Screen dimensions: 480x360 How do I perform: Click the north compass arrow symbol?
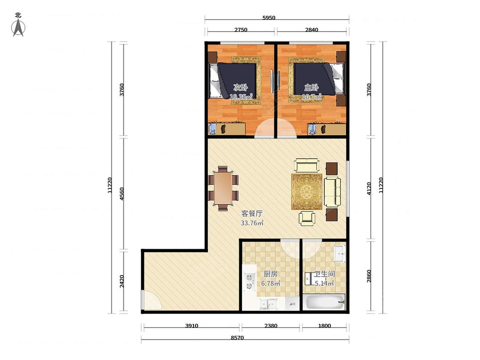pos(18,28)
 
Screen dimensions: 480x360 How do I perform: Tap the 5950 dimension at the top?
pos(269,18)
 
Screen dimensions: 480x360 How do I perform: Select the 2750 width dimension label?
pos(241,30)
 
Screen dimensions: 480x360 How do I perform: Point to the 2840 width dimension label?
pos(311,30)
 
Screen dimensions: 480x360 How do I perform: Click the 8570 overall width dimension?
pos(237,338)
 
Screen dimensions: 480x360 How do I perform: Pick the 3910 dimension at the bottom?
pos(191,326)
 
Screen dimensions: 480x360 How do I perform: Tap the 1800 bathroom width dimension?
pos(324,326)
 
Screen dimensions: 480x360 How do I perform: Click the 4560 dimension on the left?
pos(122,194)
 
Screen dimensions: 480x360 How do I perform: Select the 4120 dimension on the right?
pos(369,188)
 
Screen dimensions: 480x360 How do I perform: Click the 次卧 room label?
pos(240,87)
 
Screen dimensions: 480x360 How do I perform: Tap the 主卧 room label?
pos(311,87)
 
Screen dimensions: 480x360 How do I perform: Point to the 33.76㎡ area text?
pos(252,223)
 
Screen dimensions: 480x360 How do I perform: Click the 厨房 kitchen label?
pos(271,274)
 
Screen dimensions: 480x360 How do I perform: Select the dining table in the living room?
pos(223,188)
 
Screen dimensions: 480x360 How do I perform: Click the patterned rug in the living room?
pos(307,192)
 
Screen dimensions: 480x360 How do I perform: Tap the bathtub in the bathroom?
pos(323,302)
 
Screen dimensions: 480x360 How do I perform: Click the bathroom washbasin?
pos(340,254)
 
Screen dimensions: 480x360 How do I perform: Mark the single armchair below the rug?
pos(307,218)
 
